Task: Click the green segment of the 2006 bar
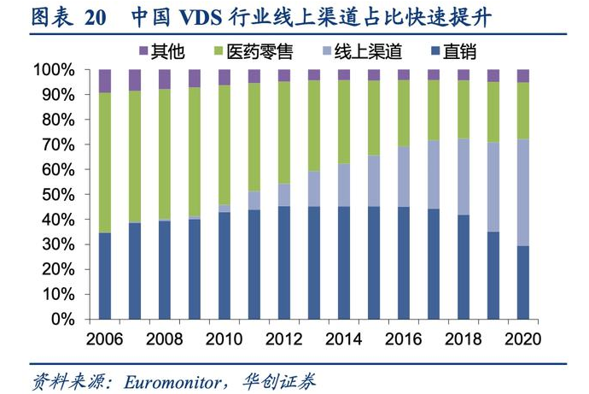pyautogui.click(x=105, y=162)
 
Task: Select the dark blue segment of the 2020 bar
pyautogui.click(x=523, y=282)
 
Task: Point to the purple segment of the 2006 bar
pyautogui.click(x=105, y=81)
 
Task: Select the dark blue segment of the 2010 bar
pyautogui.click(x=225, y=265)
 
